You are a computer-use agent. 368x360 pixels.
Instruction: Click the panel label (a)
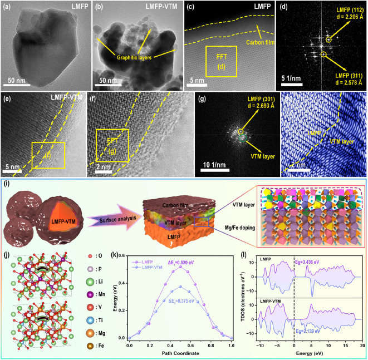pos(8,8)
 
